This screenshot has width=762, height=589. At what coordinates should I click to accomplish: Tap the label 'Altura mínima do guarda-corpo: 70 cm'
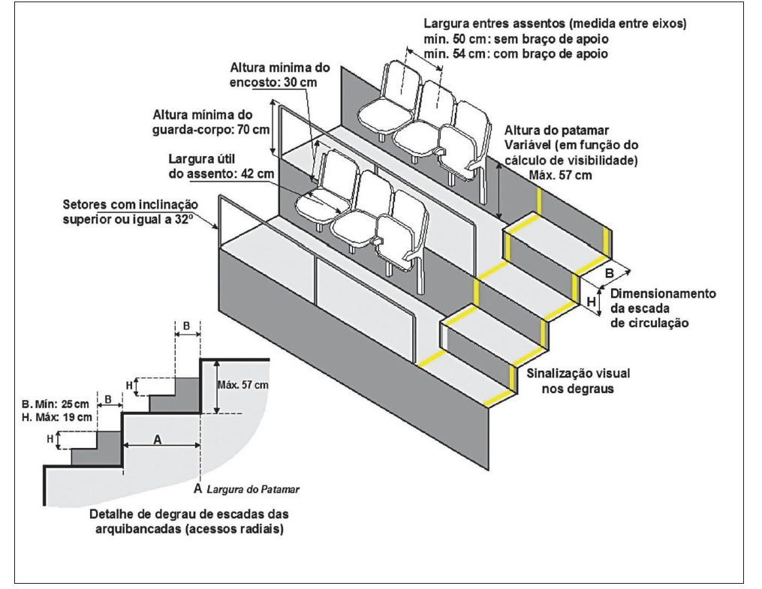(212, 123)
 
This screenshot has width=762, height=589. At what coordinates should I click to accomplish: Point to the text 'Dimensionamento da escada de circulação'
(661, 308)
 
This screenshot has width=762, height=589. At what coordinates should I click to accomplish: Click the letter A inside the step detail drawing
(158, 440)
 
